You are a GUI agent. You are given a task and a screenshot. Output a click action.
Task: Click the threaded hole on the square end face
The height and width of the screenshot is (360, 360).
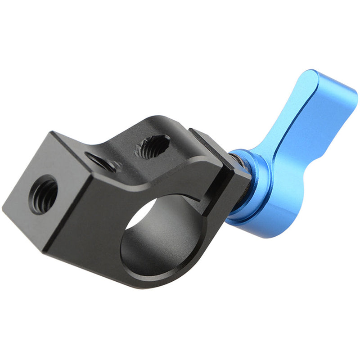coord(43,194)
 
